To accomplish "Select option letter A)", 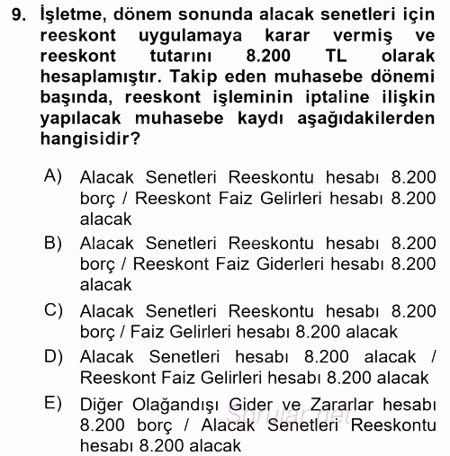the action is pos(53,174).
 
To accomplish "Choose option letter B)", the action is pos(53,241).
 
